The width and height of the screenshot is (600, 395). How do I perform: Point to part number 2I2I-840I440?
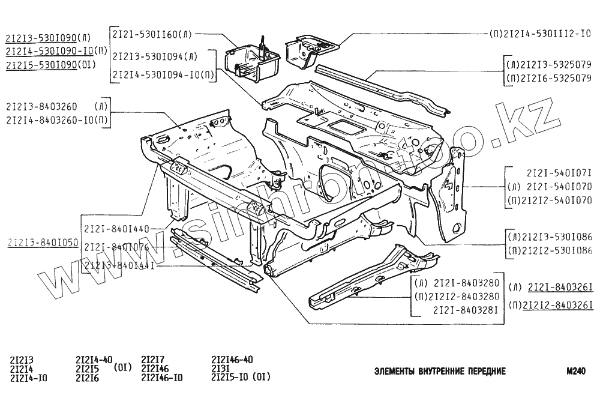(x=116, y=229)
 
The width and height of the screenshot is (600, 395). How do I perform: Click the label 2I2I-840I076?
(x=116, y=247)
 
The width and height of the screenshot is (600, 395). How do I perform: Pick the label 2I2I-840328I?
(x=466, y=310)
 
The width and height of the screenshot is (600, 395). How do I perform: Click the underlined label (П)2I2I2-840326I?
(x=550, y=305)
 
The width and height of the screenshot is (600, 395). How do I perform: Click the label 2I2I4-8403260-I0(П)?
(x=57, y=119)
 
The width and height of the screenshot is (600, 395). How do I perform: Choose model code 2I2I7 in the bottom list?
(x=153, y=360)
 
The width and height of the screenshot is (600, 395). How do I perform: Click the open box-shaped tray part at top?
(x=252, y=60)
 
